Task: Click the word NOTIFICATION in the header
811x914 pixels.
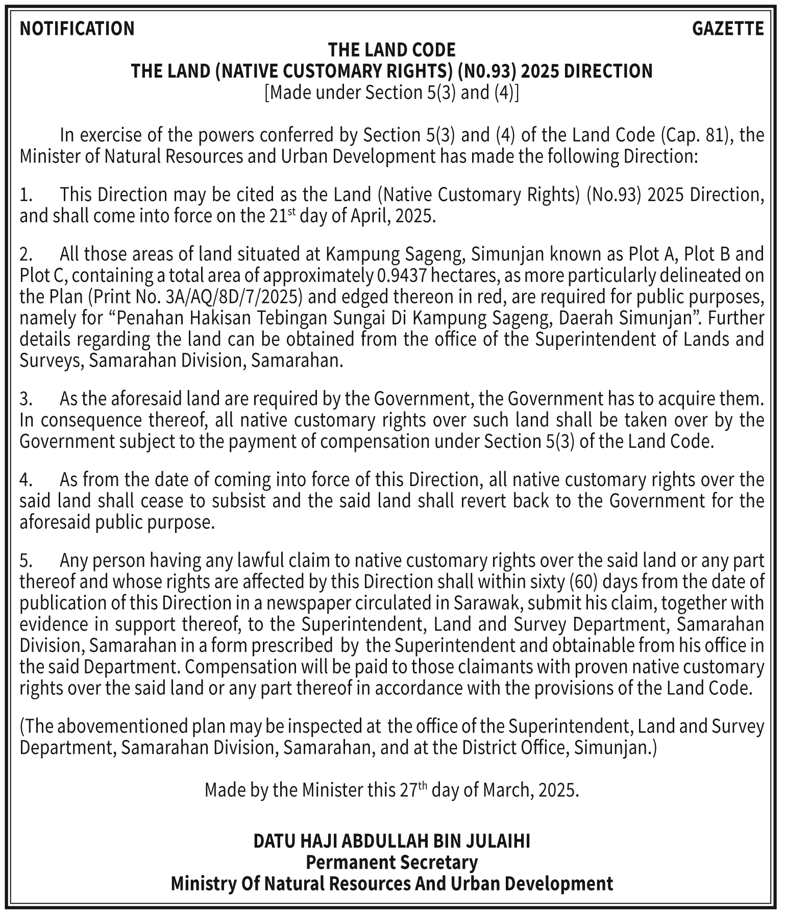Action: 77,29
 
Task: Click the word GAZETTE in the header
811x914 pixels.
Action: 728,29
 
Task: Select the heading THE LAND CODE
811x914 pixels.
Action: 391,50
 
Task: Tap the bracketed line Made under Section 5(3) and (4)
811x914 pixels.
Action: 391,93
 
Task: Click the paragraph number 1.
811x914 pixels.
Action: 26,195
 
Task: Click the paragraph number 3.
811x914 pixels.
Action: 26,399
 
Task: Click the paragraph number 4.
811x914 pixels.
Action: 26,480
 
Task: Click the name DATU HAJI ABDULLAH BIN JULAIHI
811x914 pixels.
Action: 391,841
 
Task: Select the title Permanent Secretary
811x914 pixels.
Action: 391,862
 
